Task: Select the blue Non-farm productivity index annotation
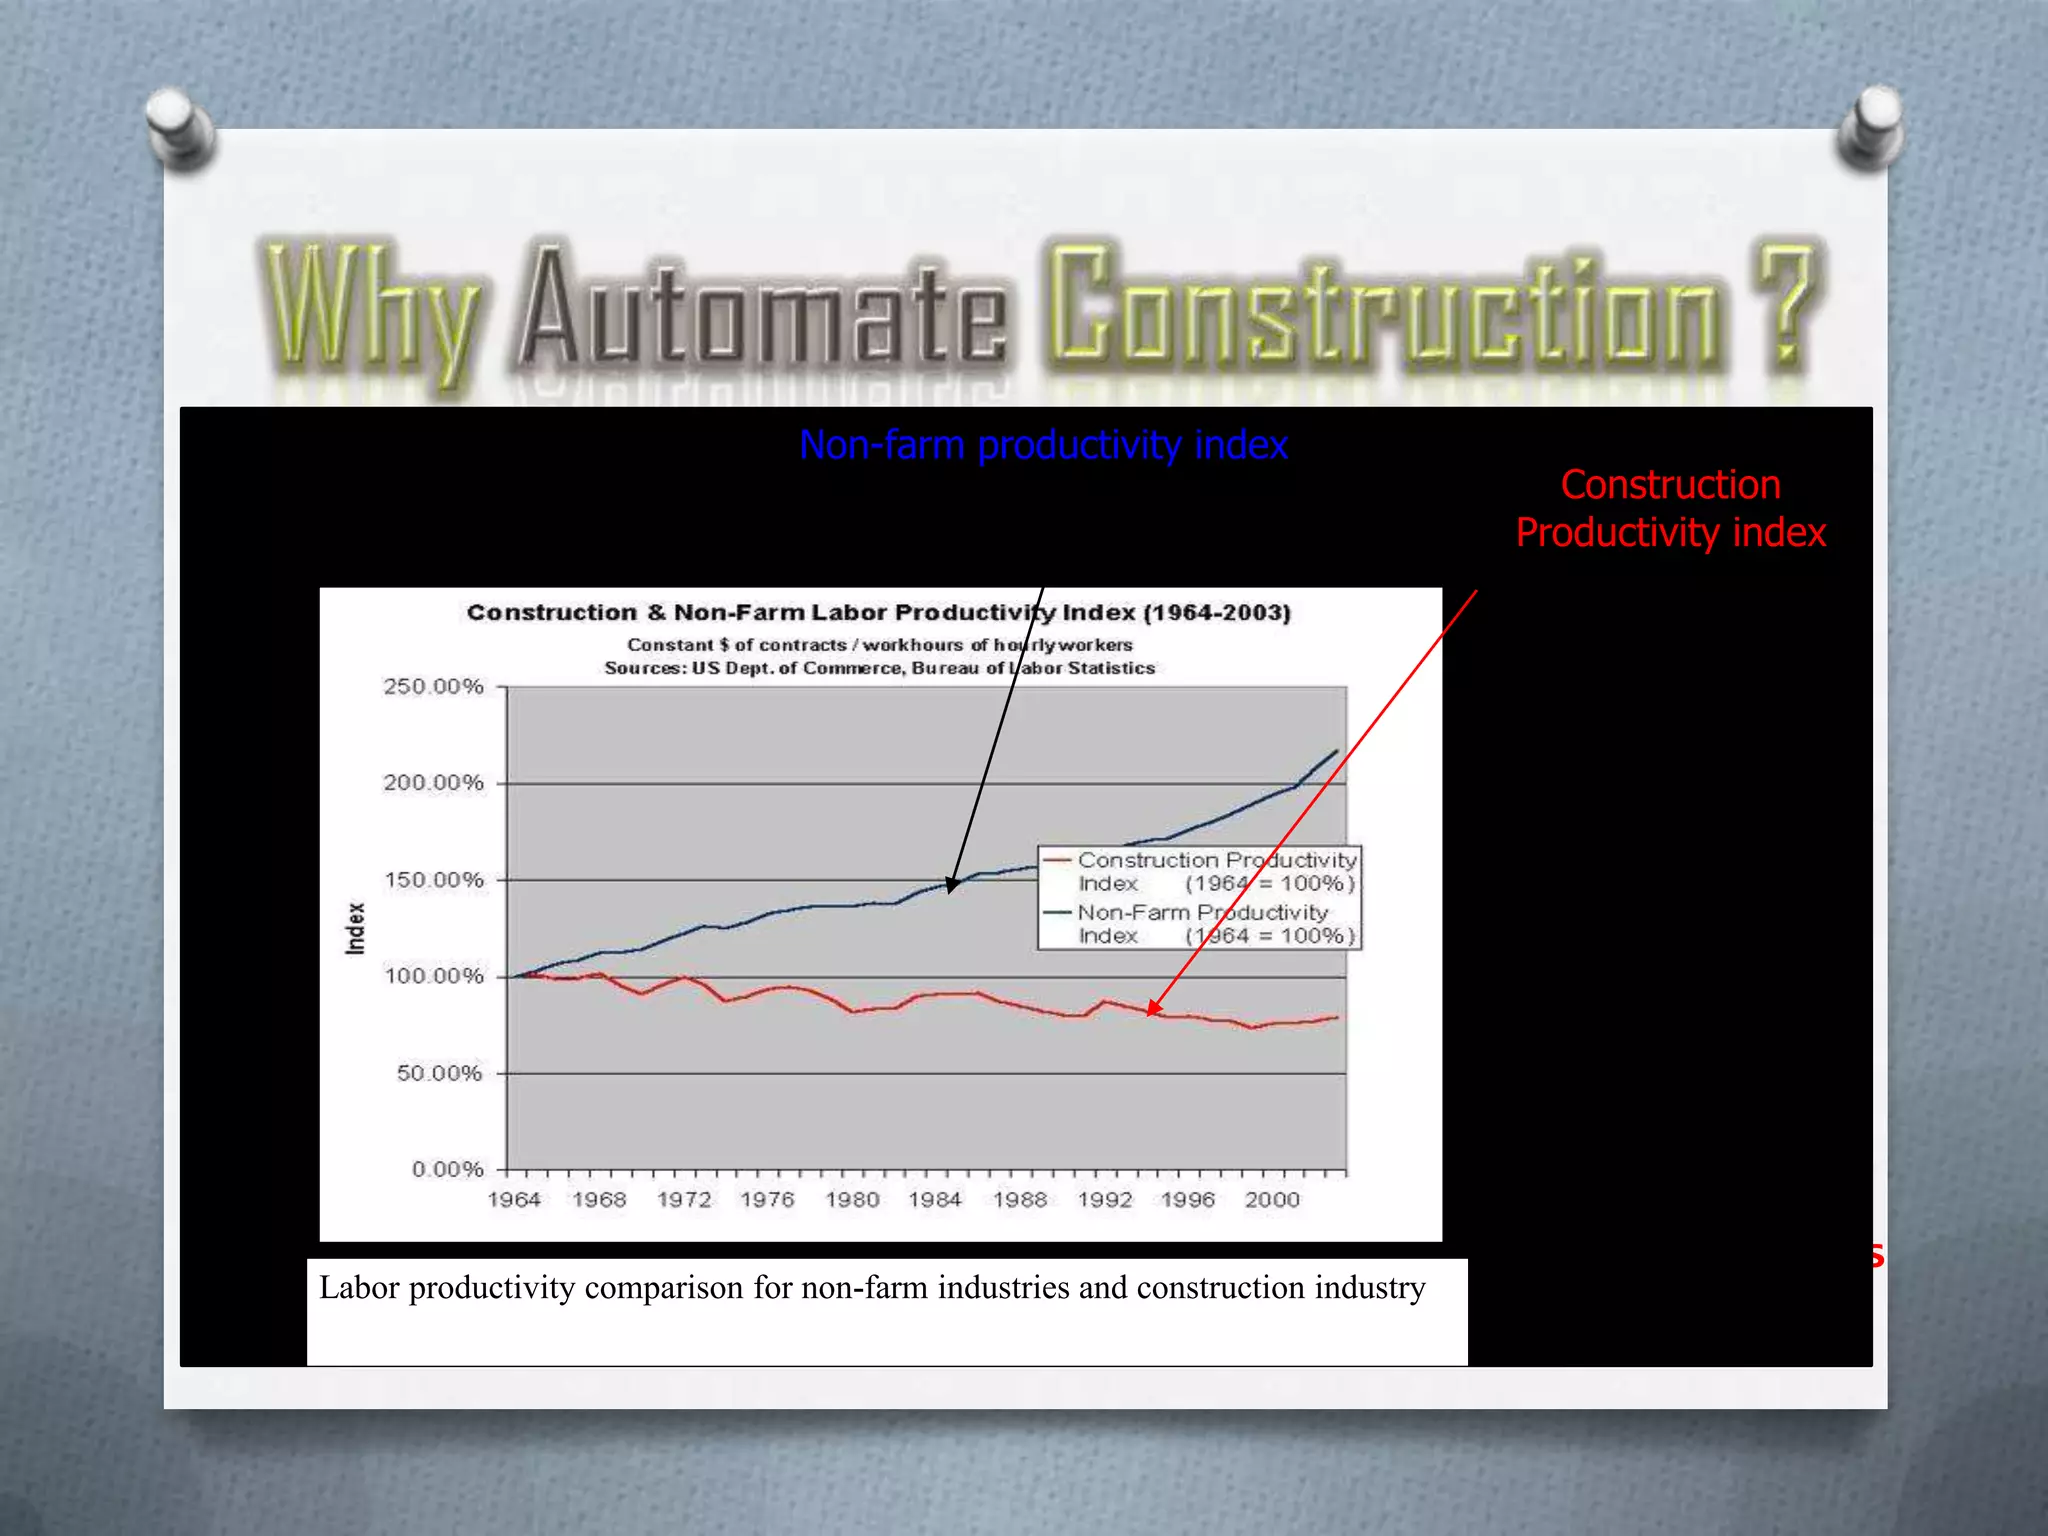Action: (1043, 445)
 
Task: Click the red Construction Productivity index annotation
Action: (1670, 509)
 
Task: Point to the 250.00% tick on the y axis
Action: (433, 687)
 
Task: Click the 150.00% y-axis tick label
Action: (433, 880)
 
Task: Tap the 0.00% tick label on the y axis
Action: (447, 1169)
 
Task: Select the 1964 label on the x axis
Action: (514, 1200)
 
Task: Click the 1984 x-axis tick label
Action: (935, 1200)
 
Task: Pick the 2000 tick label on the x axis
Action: (1272, 1200)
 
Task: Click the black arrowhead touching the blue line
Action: (952, 884)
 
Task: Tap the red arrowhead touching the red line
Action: (1154, 1008)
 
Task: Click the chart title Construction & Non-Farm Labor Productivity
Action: (878, 613)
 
